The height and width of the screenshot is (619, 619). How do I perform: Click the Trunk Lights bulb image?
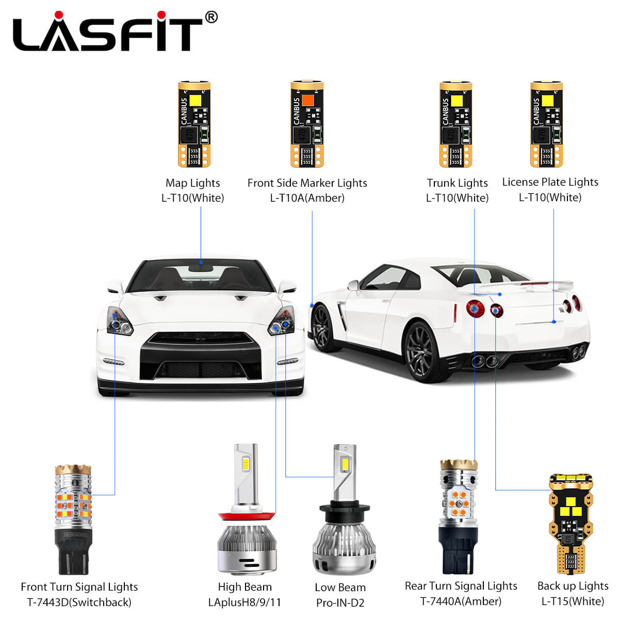click(x=456, y=124)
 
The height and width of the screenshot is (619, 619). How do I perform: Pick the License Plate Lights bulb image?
click(x=547, y=124)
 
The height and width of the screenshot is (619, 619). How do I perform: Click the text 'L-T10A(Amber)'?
click(x=307, y=198)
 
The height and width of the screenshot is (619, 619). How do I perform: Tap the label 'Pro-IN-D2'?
click(x=340, y=602)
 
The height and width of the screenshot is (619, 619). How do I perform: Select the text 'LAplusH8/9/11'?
click(x=245, y=602)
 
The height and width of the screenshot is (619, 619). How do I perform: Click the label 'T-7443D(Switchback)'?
click(x=79, y=602)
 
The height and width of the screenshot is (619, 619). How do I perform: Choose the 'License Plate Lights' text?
click(x=550, y=182)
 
